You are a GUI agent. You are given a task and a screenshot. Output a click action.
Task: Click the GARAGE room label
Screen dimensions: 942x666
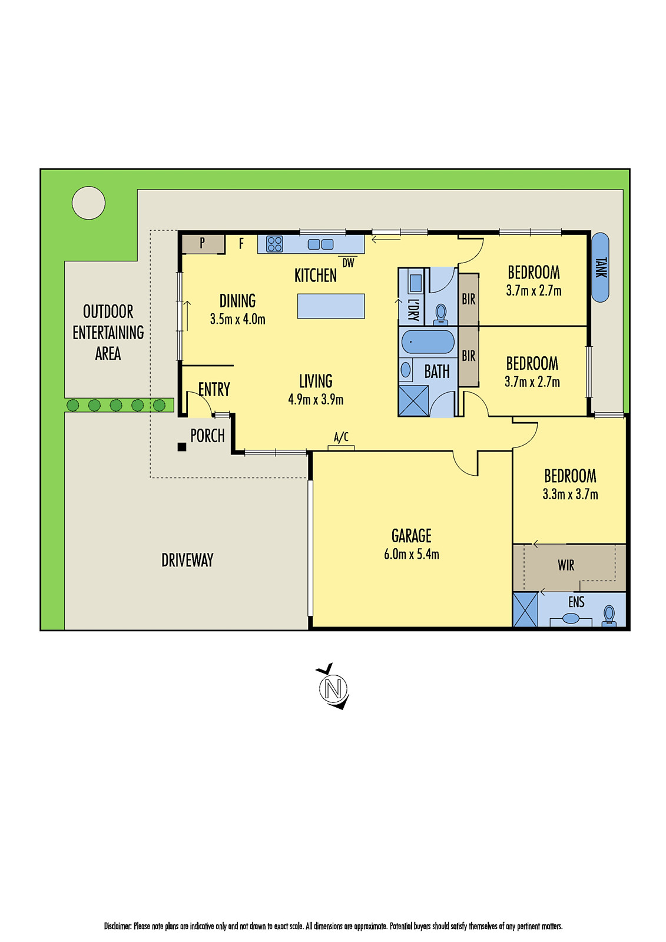(x=411, y=535)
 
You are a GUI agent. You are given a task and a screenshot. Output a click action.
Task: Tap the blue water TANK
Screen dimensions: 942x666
(x=600, y=267)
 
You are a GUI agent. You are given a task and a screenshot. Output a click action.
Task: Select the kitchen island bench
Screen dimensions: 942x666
(x=331, y=306)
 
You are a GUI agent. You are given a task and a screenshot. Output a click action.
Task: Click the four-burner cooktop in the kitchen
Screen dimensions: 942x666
(x=274, y=244)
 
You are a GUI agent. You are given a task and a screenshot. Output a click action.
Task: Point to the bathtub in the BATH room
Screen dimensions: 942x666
(x=428, y=342)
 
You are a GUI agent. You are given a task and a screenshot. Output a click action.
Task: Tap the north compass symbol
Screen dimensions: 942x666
(x=333, y=687)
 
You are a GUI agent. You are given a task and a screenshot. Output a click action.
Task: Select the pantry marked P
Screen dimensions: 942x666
(x=203, y=243)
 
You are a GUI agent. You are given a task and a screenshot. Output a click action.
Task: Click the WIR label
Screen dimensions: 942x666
(x=566, y=565)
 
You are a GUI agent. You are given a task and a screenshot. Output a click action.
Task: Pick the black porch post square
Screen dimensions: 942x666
(x=182, y=447)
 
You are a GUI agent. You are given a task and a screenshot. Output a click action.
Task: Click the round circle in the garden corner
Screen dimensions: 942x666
(x=89, y=203)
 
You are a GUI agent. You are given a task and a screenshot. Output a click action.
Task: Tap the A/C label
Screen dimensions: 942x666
(x=341, y=437)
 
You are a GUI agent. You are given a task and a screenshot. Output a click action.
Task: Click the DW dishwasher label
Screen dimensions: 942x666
(x=348, y=263)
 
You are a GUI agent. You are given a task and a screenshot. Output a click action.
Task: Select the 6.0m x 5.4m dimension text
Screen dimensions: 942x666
(x=411, y=554)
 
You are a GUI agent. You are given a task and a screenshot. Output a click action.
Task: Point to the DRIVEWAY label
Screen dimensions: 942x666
(x=187, y=560)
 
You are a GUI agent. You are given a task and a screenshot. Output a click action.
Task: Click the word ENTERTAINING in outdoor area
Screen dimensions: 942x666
(x=108, y=333)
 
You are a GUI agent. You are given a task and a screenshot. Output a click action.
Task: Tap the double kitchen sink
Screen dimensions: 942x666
(x=320, y=244)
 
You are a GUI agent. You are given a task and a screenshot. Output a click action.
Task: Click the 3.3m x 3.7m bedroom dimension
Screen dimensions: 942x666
(x=570, y=494)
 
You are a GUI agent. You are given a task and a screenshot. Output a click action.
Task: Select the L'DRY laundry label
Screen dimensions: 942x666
(x=413, y=309)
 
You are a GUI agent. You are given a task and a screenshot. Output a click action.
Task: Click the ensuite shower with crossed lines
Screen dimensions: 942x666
(x=525, y=609)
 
